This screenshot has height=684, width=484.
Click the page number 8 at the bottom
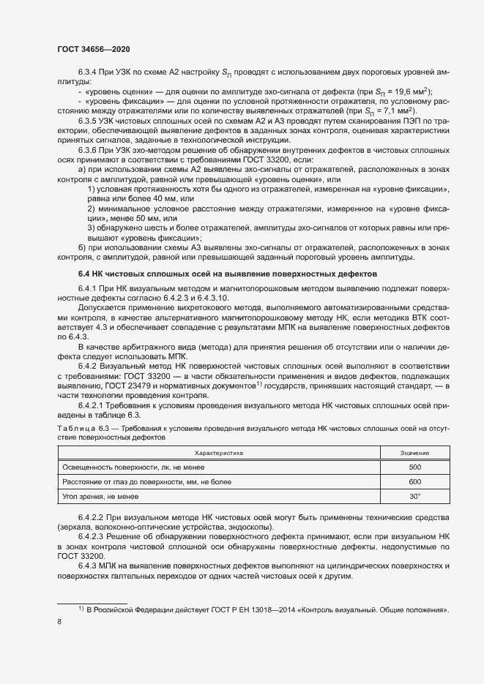59,621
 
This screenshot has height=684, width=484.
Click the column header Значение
415,454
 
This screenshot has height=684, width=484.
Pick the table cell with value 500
415,467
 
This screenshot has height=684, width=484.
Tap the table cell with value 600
415,482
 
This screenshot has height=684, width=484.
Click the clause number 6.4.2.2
93,518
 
